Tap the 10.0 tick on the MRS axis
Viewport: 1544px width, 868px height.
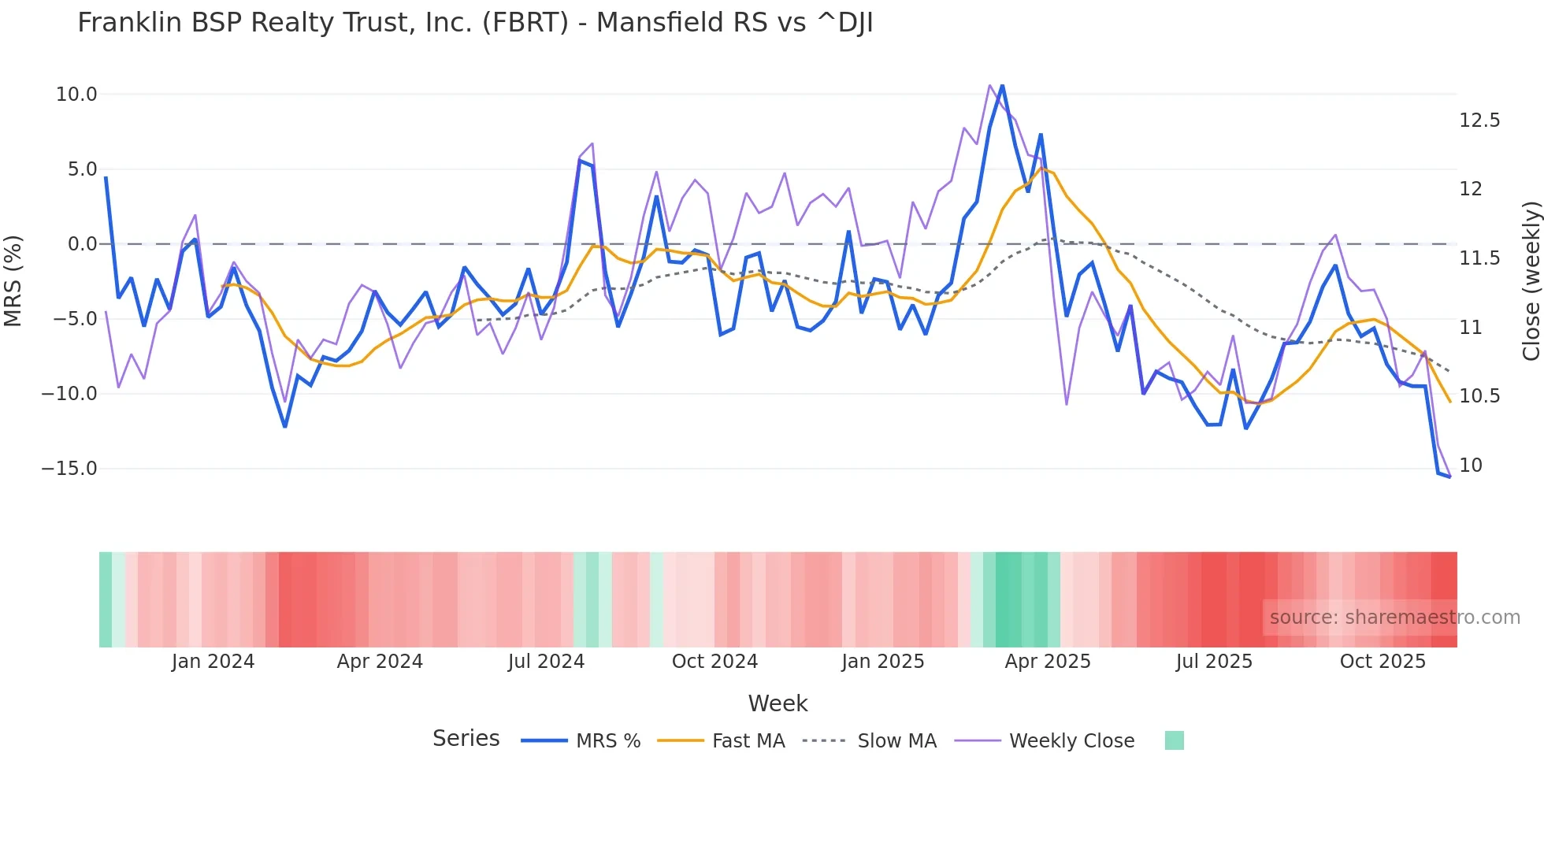pos(76,95)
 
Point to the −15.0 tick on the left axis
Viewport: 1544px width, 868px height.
pos(69,469)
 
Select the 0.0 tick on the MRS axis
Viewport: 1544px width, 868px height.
pos(82,244)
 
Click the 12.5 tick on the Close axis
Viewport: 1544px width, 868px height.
pos(1479,121)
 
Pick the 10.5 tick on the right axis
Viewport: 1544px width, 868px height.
pos(1479,396)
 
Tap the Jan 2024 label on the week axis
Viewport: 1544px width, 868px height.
pos(213,662)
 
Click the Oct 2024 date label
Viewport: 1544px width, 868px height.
pos(714,662)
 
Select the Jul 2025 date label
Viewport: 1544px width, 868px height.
pos(1214,662)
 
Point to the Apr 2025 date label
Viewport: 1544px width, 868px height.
pos(1048,662)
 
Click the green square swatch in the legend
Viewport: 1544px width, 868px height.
pos(1174,740)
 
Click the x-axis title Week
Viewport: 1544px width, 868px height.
pos(778,703)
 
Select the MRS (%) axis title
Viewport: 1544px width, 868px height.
pos(13,280)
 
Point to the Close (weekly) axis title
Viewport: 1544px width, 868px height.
pos(1531,280)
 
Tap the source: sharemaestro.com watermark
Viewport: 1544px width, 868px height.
pos(1394,618)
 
